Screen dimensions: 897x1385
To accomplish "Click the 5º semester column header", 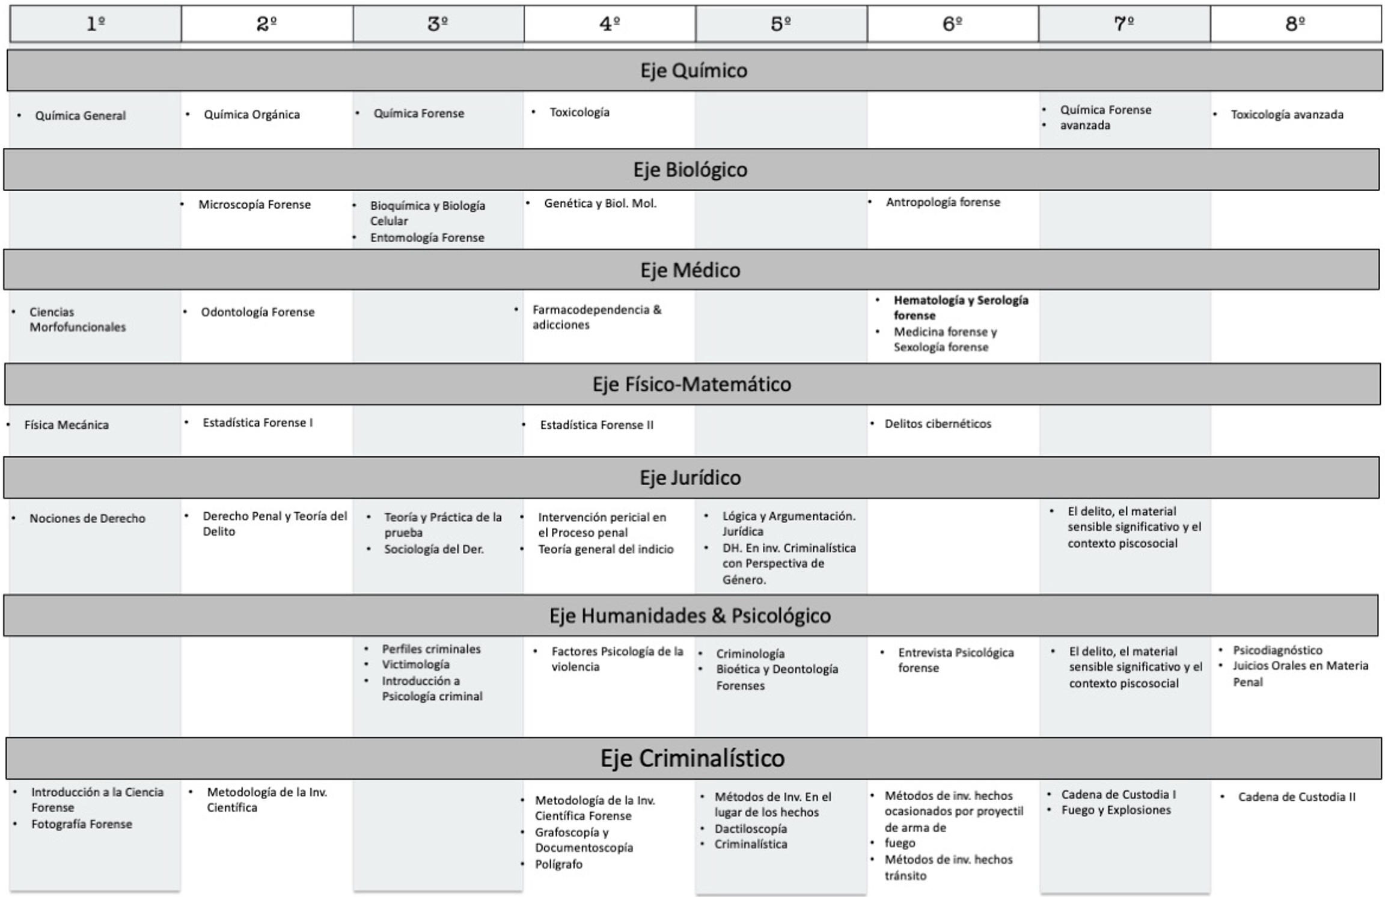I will tap(781, 24).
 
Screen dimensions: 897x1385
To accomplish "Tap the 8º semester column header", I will tap(1295, 24).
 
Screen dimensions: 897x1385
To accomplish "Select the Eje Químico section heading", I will tap(693, 70).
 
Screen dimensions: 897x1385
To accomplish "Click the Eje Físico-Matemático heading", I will tap(691, 384).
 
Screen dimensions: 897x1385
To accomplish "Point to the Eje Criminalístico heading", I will tap(692, 758).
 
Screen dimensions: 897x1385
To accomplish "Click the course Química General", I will tap(80, 115).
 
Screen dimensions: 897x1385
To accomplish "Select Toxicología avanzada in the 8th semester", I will tap(1286, 114).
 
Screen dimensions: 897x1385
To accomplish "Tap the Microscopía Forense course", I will tap(254, 204).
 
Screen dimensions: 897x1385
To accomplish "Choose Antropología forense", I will tap(943, 202).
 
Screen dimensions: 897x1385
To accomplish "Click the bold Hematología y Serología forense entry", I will tap(960, 307).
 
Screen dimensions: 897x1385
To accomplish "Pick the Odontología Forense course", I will tap(257, 312).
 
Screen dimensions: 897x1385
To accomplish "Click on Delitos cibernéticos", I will tap(937, 424).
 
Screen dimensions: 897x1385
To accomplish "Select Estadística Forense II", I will tap(596, 425).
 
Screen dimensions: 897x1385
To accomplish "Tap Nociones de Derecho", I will tap(87, 518).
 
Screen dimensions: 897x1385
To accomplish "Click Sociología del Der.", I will tap(433, 549).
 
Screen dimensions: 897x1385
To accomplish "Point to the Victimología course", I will tap(415, 664).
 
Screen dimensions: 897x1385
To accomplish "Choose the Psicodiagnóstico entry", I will tap(1277, 650).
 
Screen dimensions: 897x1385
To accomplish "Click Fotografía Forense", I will tap(81, 824).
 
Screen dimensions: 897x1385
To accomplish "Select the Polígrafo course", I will tap(558, 864).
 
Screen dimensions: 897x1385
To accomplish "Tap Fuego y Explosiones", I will tap(1116, 810).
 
